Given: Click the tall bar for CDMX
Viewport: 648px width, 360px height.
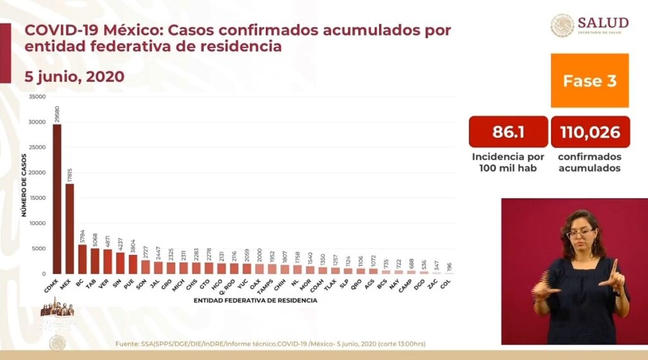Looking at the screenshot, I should [57, 199].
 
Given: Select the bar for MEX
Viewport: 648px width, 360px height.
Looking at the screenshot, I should [70, 228].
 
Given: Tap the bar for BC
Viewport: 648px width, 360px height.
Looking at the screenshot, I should [82, 259].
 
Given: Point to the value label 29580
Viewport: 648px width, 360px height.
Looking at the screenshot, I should [58, 113].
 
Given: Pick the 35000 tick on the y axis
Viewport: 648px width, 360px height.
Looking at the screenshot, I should [38, 97].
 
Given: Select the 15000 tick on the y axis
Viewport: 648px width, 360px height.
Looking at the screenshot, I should [38, 198].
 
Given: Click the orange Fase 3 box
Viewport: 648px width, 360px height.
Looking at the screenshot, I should [590, 80].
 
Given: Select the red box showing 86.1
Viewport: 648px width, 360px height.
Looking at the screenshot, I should [508, 132].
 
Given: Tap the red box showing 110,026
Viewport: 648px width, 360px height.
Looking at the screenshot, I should [590, 132].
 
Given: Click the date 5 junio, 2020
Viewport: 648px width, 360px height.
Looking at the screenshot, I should [74, 76].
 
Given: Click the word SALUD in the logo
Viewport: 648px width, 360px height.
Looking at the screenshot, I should [602, 23].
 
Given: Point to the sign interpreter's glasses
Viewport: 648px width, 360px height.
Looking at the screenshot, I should [580, 233].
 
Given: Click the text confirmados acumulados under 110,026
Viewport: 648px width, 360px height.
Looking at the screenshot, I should [590, 163].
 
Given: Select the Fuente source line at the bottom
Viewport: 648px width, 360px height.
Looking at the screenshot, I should [270, 344].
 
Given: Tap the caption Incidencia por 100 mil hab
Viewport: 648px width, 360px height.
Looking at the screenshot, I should [508, 163].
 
